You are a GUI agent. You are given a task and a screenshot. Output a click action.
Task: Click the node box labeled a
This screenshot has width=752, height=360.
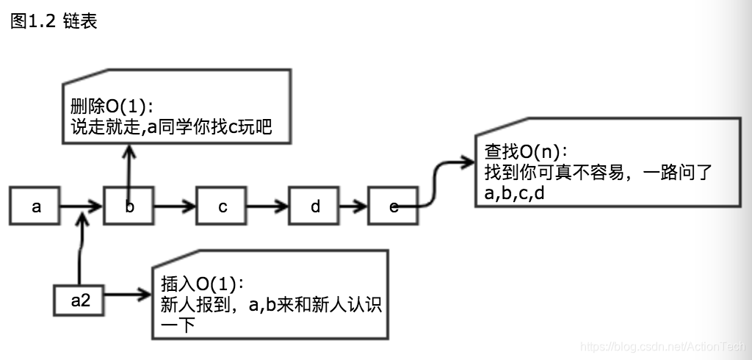pyautogui.click(x=35, y=206)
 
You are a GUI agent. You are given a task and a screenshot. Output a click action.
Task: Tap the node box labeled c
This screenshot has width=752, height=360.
pyautogui.click(x=222, y=206)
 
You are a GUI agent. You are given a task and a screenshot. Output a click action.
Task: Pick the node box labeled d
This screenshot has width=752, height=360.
pyautogui.click(x=315, y=206)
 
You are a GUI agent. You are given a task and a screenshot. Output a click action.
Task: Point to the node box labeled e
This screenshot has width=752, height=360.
pyautogui.click(x=393, y=206)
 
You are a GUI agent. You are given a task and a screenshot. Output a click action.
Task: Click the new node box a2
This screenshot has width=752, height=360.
pyautogui.click(x=80, y=300)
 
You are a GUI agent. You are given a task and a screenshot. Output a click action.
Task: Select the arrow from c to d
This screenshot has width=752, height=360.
pyautogui.click(x=268, y=206)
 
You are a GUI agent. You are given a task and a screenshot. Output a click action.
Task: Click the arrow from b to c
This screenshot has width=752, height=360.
pyautogui.click(x=175, y=206)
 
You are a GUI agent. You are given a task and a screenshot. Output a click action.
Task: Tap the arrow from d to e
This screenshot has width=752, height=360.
pyautogui.click(x=355, y=206)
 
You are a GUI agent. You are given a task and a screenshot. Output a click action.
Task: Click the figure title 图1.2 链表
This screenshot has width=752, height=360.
pyautogui.click(x=54, y=21)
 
